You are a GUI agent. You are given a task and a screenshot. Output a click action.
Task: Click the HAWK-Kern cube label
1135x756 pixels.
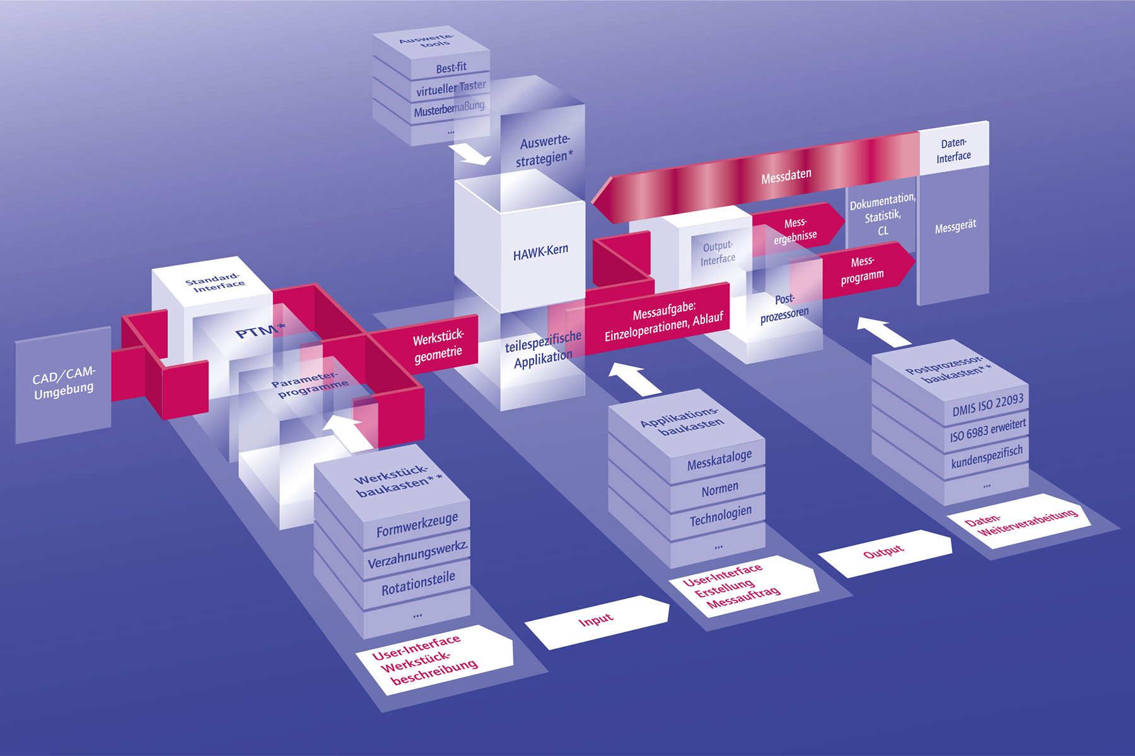540,252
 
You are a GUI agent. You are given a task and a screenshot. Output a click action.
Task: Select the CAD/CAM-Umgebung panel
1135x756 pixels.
63,384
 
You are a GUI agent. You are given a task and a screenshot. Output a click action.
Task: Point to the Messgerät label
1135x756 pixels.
955,226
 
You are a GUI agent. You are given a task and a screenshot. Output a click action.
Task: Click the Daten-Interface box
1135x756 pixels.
953,149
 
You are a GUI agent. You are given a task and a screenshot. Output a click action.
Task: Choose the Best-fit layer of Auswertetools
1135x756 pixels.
451,67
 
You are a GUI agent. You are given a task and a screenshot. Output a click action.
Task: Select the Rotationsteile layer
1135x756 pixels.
417,583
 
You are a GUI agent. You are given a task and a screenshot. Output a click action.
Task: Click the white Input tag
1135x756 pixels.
597,621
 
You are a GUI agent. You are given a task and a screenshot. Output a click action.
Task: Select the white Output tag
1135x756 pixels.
884,553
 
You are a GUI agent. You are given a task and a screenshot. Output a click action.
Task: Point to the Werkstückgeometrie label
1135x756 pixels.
438,346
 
